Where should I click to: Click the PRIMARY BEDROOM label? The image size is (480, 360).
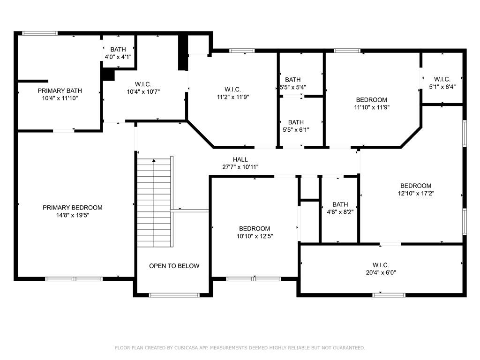pos(73,208)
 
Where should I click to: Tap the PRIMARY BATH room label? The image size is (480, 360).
pos(60,90)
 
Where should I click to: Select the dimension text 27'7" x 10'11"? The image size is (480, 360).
pos(240,167)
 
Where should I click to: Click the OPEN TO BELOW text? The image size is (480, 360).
pos(174,266)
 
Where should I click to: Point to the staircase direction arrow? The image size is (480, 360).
pos(154,160)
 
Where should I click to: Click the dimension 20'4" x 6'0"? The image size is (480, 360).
pos(381,272)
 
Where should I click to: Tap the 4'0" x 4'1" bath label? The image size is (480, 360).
pos(118,57)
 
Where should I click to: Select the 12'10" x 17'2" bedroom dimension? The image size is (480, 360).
pos(416,193)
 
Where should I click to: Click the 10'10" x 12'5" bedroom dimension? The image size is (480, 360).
pos(255,236)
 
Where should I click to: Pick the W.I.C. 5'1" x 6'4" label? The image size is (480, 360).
pos(442,83)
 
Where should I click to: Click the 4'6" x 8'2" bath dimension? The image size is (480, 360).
pos(340,212)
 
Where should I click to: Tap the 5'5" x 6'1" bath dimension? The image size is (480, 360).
pos(296,129)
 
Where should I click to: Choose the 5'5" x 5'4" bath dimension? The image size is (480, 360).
pos(293,87)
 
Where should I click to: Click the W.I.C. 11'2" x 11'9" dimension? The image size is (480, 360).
pos(233,97)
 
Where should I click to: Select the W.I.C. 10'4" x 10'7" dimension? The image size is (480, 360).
pos(143,91)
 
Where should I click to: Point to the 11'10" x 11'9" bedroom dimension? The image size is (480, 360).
pos(372,107)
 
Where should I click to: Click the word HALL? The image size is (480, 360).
pos(240,159)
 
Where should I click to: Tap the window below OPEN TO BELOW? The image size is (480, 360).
pos(174,295)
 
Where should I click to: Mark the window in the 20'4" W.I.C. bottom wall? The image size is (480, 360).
pos(389,295)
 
